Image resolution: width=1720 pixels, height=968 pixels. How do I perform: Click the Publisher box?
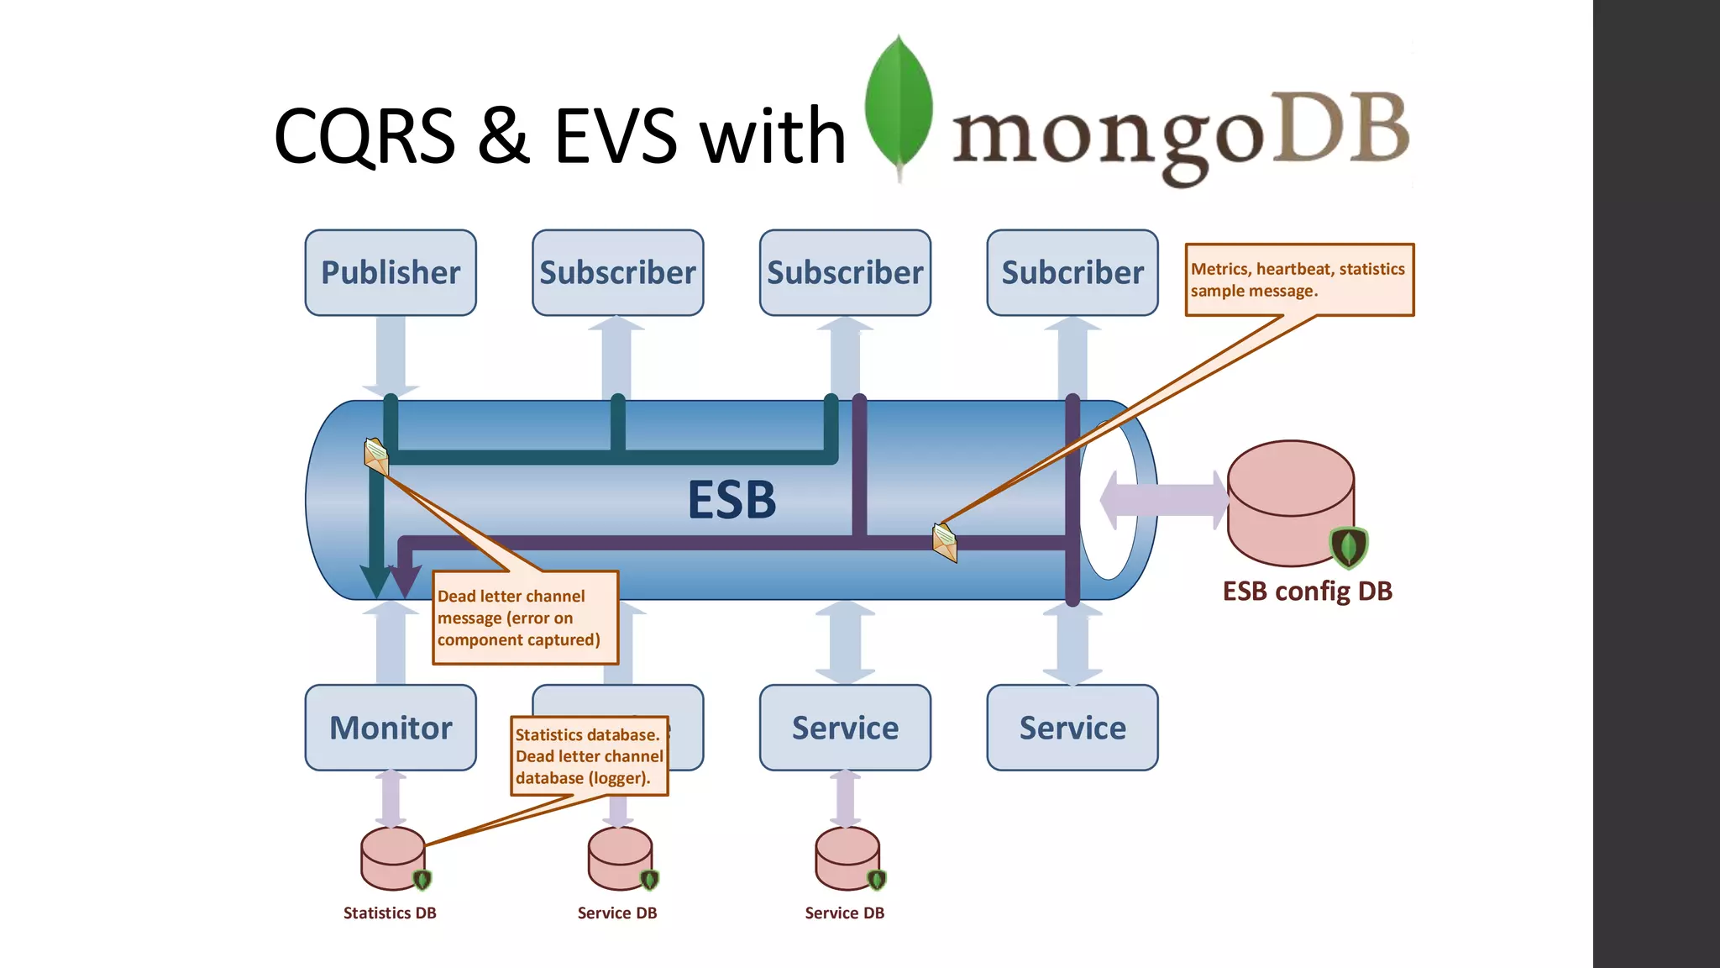[x=391, y=273]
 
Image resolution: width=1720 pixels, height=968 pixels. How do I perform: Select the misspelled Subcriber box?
[x=1072, y=273]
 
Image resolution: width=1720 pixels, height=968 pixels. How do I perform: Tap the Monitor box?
[x=391, y=728]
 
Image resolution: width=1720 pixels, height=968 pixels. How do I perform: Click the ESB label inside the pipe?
[x=732, y=500]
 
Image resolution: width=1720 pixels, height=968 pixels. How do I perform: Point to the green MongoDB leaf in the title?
[x=899, y=105]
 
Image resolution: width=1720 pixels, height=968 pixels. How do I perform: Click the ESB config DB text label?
[x=1307, y=592]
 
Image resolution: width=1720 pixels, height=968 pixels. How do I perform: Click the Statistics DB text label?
[x=390, y=913]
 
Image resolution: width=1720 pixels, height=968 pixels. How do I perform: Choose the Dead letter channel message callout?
[x=525, y=618]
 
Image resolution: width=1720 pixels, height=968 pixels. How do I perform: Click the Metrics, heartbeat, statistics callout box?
[x=1298, y=280]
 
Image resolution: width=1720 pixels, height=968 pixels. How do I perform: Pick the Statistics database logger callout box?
[x=589, y=756]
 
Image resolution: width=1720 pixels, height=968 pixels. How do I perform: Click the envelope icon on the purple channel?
[x=945, y=542]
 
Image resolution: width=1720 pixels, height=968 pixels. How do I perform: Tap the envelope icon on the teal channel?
[x=376, y=456]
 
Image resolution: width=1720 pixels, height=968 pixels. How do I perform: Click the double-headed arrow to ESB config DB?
[x=1163, y=500]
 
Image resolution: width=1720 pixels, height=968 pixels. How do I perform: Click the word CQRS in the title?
[x=364, y=136]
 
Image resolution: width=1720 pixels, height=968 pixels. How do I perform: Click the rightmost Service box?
[x=1072, y=728]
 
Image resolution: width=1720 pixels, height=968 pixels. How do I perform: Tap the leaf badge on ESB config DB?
[x=1349, y=547]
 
